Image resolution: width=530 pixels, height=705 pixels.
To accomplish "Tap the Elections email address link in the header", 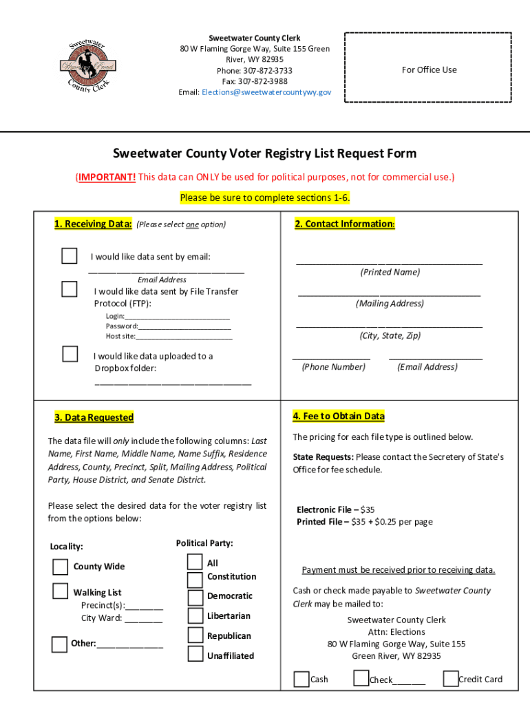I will point(266,92).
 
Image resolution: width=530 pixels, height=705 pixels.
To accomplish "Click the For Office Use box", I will point(429,70).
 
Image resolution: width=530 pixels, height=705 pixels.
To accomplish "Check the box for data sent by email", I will point(70,256).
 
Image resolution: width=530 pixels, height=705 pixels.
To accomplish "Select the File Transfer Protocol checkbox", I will point(70,289).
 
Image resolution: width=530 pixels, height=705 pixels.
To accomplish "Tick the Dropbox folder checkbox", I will point(70,355).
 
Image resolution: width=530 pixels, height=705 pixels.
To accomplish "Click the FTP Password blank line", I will point(184,326).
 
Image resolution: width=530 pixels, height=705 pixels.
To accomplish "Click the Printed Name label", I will point(390,272).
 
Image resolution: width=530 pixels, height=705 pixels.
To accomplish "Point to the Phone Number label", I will point(333,367).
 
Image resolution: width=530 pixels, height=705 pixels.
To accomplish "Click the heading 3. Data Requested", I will point(94,417).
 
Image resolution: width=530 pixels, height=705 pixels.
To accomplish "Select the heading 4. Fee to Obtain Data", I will point(339,417).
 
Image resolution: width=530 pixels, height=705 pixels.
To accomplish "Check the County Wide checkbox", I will point(60,567).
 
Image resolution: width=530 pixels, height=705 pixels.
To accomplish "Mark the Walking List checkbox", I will point(60,591).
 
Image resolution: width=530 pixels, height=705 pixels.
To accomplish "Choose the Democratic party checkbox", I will point(195,596).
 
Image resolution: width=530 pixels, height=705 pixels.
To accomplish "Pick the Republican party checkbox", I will point(195,635).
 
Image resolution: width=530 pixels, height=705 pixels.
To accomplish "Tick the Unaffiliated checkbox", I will point(195,655).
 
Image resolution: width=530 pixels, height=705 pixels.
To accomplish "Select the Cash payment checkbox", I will point(301,680).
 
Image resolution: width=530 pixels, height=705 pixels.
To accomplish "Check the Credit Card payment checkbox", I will point(450,679).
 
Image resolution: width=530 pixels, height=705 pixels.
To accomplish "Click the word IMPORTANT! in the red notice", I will point(107,178).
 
